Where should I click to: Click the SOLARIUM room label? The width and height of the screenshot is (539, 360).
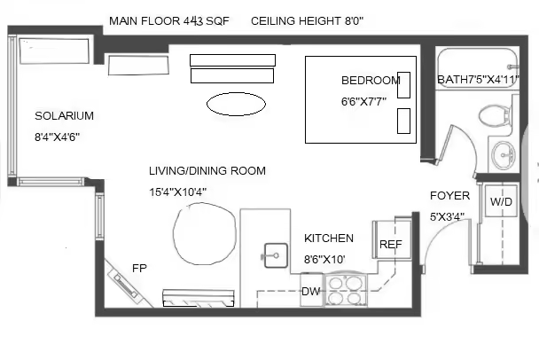(65, 116)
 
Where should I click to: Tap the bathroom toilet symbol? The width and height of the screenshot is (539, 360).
(495, 115)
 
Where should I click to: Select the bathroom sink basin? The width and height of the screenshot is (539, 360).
(504, 155)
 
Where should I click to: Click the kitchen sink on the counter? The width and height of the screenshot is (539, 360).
(276, 255)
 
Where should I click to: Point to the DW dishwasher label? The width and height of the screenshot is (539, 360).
(311, 292)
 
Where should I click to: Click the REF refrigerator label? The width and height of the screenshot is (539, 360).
(390, 245)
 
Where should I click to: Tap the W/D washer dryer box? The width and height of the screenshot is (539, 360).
(501, 201)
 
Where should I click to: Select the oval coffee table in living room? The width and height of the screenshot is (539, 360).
(236, 104)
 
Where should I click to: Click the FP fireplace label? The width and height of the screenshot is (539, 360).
(139, 268)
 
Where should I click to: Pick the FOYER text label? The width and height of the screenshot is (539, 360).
(449, 196)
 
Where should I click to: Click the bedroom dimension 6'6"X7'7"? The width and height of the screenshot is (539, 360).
(363, 102)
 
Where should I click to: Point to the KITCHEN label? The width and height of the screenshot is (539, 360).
(329, 239)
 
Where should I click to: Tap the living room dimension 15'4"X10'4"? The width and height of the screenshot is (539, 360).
(177, 192)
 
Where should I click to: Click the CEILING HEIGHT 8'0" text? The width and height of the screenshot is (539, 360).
(308, 21)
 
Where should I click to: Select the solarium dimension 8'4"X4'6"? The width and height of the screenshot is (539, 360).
(57, 137)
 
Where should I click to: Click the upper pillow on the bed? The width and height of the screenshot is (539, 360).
(403, 85)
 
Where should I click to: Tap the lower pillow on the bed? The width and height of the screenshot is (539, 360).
(403, 121)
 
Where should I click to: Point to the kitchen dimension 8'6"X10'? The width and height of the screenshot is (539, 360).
(324, 259)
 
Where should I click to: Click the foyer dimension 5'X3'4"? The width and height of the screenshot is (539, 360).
(447, 217)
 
